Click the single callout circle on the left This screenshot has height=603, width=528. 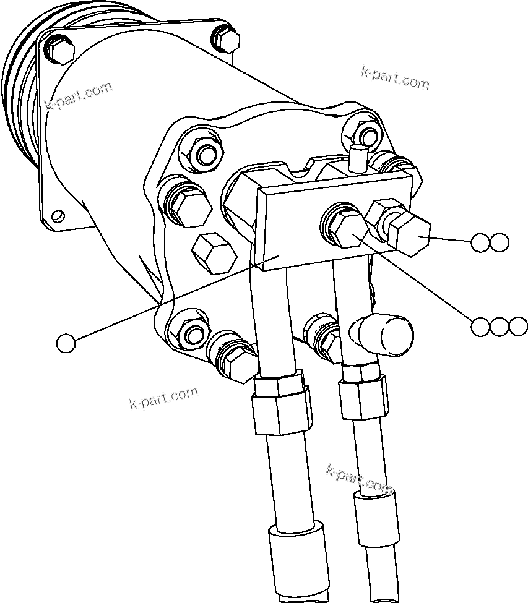tap(66, 343)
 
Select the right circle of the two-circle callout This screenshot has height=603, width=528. tap(500, 242)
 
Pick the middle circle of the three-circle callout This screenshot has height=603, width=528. tap(500, 327)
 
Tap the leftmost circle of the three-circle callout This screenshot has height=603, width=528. tap(480, 327)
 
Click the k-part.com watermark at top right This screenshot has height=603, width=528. tap(395, 77)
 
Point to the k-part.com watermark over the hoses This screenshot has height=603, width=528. tap(360, 479)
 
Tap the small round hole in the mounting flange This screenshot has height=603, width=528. tap(58, 216)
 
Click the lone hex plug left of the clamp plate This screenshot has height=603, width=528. tap(214, 252)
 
